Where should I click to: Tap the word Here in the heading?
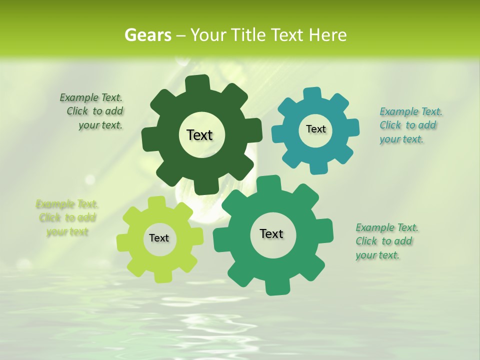[x=328, y=35]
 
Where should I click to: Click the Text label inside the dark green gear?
[x=199, y=135]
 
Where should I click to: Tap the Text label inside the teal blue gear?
[x=315, y=129]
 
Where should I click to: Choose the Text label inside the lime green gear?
[x=159, y=238]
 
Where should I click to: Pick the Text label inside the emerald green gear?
[x=271, y=233]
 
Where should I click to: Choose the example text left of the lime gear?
[x=67, y=218]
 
